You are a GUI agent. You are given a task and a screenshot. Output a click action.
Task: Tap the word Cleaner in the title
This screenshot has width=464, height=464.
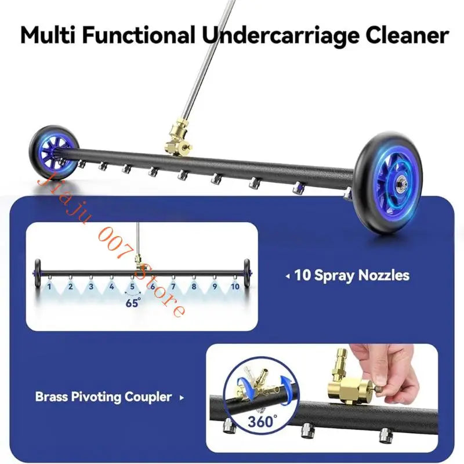click(x=407, y=35)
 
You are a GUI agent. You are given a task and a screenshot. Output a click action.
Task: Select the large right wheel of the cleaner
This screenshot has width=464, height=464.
click(x=388, y=183)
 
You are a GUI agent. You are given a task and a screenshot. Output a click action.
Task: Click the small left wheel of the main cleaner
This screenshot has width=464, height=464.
click(x=54, y=153)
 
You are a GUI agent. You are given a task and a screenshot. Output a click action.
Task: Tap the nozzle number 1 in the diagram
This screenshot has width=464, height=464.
click(x=49, y=287)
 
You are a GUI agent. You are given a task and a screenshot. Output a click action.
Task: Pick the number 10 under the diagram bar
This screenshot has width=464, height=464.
click(x=235, y=287)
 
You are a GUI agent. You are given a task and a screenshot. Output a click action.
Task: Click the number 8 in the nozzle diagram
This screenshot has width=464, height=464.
click(x=194, y=287)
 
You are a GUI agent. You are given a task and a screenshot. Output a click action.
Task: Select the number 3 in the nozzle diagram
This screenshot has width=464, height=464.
click(x=91, y=287)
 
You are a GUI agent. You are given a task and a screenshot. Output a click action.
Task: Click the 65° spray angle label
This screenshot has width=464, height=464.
click(x=133, y=303)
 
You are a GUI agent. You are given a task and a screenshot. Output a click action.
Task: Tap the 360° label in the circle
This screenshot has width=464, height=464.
click(x=262, y=422)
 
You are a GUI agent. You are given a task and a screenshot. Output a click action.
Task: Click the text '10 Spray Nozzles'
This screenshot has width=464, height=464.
click(x=352, y=275)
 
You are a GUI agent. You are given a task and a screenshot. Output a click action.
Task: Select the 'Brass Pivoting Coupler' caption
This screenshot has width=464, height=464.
click(x=104, y=397)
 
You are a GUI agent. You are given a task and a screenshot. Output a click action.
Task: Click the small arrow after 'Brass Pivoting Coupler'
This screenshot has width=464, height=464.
click(x=182, y=398)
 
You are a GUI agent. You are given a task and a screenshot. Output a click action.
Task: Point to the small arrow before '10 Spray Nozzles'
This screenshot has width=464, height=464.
click(x=288, y=277)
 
